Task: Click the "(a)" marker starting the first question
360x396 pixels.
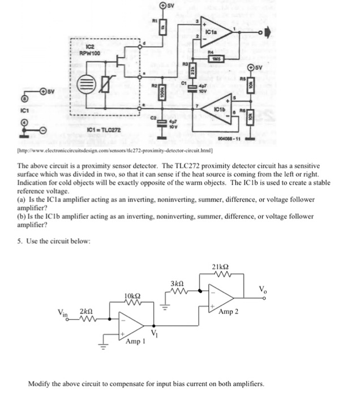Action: [22, 200]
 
